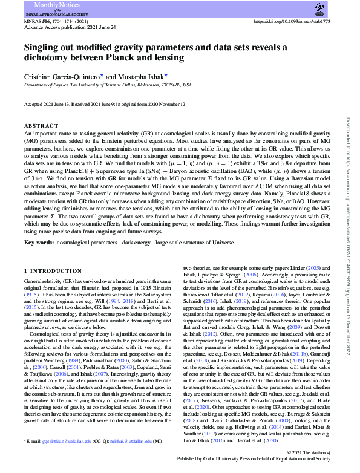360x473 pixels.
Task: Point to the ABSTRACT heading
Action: [41, 126]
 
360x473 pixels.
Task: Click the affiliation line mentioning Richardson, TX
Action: [108, 85]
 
